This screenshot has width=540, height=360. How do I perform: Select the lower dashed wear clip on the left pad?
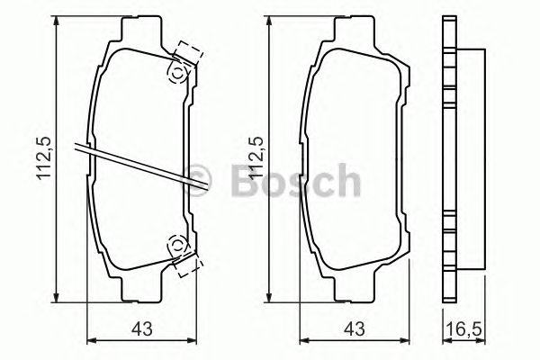186,262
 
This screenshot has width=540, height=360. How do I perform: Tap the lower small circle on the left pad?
177,243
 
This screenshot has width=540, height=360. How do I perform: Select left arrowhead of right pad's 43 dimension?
302,340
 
